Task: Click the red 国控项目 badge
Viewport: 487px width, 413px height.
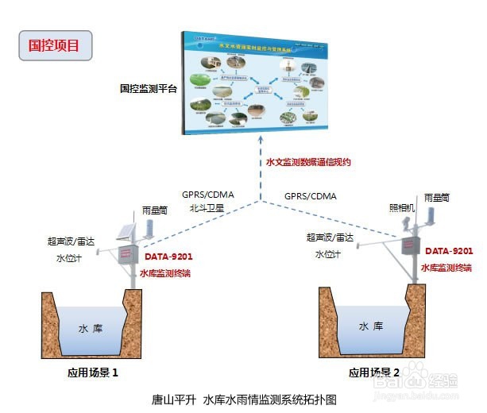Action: click(x=55, y=45)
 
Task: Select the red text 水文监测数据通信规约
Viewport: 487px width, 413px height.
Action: click(x=308, y=161)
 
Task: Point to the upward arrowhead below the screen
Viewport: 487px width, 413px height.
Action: click(x=259, y=140)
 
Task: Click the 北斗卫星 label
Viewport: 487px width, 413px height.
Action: click(x=207, y=208)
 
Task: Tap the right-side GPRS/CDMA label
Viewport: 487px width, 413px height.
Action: click(x=310, y=195)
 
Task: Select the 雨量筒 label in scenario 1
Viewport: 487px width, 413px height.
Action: click(x=155, y=210)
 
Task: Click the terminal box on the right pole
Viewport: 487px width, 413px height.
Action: click(x=408, y=246)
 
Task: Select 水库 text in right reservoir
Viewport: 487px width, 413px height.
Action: click(x=370, y=326)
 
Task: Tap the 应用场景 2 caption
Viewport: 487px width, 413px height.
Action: click(x=377, y=372)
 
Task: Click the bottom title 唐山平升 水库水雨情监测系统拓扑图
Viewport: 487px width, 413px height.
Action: click(x=244, y=400)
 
